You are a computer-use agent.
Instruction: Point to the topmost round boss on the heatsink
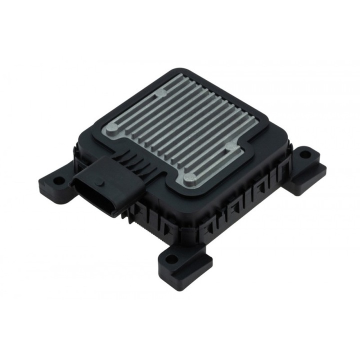pyautogui.click(x=161, y=92)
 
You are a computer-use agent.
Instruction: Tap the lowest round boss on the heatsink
pyautogui.click(x=189, y=176)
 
